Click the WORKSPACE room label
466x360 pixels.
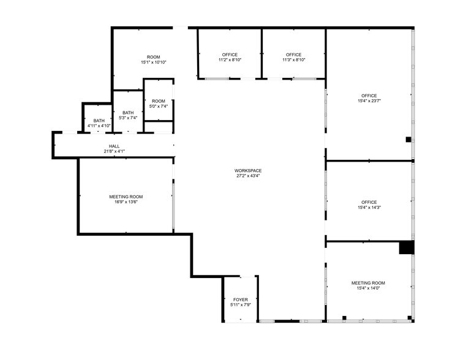point(248,170)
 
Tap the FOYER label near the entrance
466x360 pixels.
point(240,299)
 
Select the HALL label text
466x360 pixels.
point(115,146)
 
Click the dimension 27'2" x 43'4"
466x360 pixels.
point(248,176)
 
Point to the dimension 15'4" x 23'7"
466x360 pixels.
point(369,101)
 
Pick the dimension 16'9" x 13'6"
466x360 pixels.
point(126,202)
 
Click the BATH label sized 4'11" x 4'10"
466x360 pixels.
point(99,121)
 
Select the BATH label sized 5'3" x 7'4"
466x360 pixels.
point(128,113)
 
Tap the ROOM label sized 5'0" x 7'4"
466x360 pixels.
point(159,101)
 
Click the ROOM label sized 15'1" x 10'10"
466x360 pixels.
point(153,57)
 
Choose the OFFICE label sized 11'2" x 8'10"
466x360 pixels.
point(230,54)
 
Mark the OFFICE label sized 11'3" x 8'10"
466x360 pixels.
point(293,54)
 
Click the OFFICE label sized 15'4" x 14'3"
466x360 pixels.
point(369,202)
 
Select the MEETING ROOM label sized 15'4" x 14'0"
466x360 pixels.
point(368,283)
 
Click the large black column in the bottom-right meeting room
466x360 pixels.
point(407,247)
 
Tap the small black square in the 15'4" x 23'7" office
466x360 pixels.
point(408,140)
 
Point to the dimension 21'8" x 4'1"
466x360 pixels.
point(115,151)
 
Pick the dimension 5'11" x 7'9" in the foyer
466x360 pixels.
point(240,305)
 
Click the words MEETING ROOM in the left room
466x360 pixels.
point(126,197)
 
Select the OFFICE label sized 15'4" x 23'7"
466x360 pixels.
point(369,96)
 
